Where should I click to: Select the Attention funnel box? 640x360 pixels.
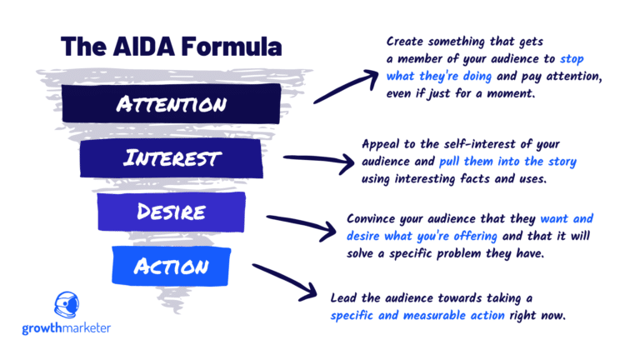[172, 104]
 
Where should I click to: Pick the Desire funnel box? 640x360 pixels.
[172, 212]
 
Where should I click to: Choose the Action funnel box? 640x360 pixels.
[172, 266]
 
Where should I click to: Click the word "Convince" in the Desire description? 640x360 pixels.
[374, 218]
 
